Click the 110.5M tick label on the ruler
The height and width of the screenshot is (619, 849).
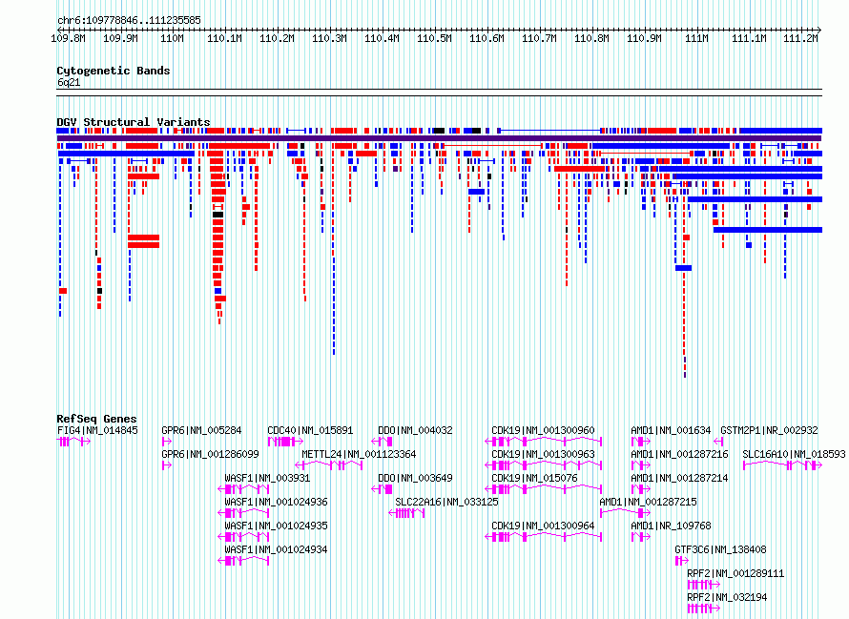point(434,38)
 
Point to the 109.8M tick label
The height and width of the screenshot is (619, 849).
point(69,38)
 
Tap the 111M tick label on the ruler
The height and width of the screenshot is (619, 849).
point(696,38)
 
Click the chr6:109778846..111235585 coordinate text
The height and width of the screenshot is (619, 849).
point(129,21)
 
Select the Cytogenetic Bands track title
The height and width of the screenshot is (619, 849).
point(114,71)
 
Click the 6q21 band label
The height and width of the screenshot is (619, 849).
point(69,82)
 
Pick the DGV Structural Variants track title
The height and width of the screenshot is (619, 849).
point(134,122)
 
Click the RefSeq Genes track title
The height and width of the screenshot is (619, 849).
point(96,419)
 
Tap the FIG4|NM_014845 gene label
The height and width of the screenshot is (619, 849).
point(97,430)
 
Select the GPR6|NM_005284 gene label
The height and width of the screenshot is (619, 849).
point(201,430)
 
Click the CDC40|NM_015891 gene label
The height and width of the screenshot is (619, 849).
point(310,430)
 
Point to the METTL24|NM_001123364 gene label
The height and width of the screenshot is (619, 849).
point(359,454)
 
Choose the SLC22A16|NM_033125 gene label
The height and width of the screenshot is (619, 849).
point(446,502)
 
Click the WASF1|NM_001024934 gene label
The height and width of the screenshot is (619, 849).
point(276,549)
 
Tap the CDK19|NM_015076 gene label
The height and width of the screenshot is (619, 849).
point(534,478)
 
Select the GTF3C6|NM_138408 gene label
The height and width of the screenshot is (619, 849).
point(720,549)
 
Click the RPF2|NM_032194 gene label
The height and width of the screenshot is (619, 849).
point(727,597)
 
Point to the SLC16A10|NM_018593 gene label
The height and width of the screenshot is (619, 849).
point(794,454)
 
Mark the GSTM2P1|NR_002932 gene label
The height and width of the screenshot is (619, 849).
point(769,430)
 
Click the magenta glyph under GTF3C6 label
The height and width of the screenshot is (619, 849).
point(682,561)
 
